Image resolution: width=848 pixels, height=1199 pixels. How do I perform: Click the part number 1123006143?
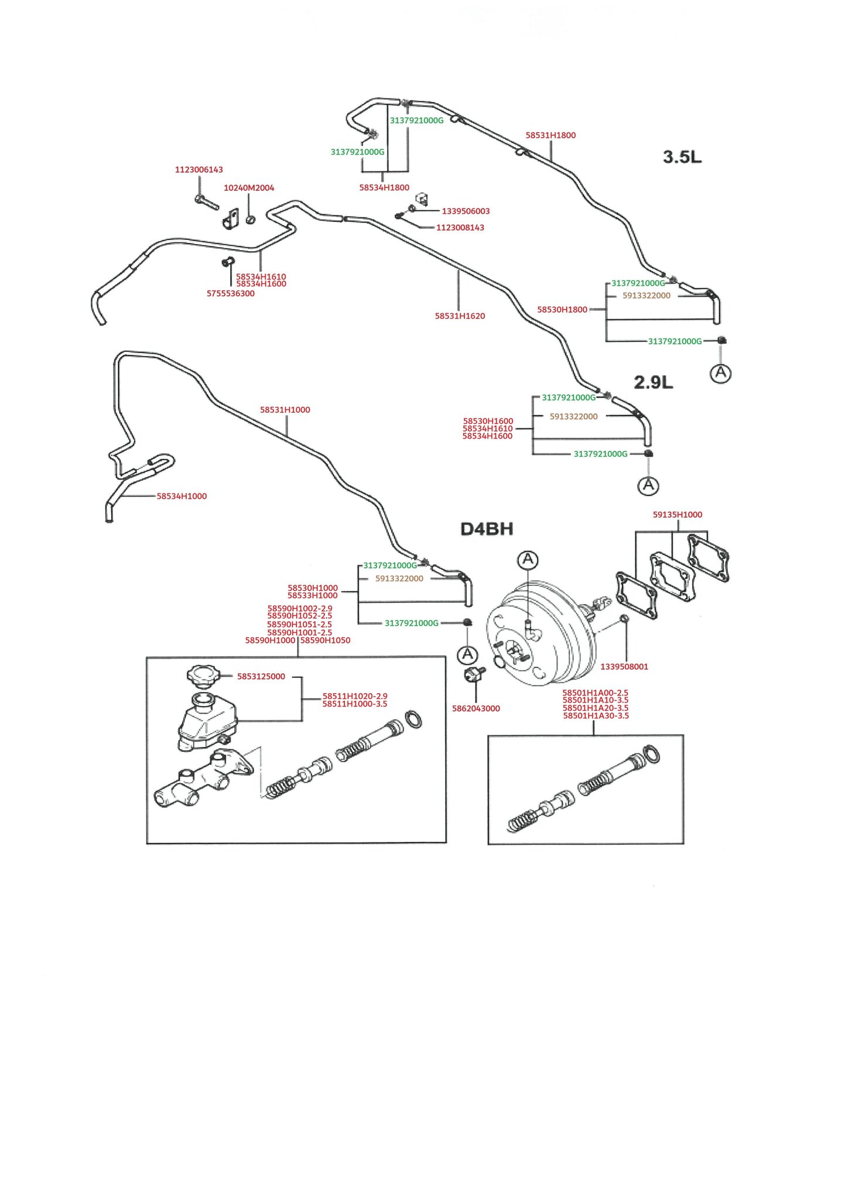[199, 170]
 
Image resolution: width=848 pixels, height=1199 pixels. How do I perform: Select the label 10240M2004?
[249, 188]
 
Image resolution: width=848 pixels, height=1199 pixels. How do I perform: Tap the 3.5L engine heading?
[682, 157]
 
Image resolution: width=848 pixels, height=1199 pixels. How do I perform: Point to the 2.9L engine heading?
[654, 382]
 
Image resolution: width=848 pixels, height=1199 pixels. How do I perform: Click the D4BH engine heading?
[487, 529]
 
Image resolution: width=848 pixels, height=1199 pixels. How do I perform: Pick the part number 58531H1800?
[550, 135]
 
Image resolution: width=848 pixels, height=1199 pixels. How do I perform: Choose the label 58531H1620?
[460, 316]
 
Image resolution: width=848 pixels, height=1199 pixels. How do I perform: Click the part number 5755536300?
[231, 294]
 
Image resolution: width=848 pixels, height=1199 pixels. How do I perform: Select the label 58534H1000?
[182, 496]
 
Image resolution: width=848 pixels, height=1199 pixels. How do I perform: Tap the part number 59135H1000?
[678, 515]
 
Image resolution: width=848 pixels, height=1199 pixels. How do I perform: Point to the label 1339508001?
[624, 667]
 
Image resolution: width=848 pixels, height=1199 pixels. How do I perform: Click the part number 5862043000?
[476, 709]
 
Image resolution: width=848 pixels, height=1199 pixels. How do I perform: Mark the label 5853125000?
[261, 677]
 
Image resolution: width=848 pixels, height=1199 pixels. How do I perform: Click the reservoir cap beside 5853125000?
[203, 675]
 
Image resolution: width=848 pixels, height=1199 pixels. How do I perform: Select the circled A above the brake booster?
[528, 560]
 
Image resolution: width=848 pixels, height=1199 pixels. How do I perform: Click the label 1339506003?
[466, 211]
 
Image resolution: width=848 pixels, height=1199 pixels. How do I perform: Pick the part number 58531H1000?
[285, 410]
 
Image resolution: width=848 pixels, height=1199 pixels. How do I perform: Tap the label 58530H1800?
[562, 310]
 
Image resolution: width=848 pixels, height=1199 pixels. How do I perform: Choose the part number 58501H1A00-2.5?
[595, 693]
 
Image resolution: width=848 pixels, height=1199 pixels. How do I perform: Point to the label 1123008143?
[460, 228]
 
